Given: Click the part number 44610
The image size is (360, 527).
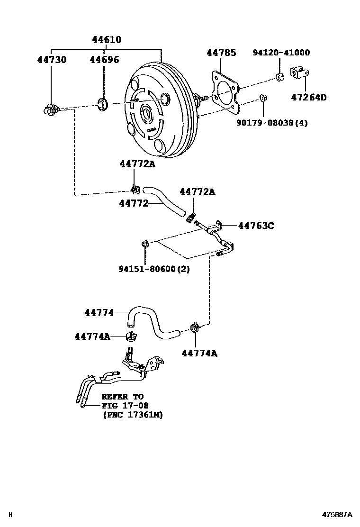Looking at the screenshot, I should [x=107, y=40].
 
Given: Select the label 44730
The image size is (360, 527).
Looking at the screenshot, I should [x=52, y=60].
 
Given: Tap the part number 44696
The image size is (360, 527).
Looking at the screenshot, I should [x=105, y=60].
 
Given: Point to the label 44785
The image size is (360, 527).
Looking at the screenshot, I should [x=221, y=53].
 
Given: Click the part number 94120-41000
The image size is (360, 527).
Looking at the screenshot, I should [x=281, y=53].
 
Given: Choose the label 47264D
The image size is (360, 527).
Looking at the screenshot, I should [x=308, y=98].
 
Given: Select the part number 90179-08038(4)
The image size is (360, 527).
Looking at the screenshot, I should [x=272, y=123].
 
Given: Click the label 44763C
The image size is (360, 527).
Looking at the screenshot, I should [x=256, y=226].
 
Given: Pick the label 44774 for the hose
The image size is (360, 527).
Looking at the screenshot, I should [x=99, y=312].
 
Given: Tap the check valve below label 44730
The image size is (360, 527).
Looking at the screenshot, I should [x=50, y=109].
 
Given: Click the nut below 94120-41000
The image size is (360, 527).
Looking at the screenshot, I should [x=280, y=78].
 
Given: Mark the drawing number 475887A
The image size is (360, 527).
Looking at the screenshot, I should [x=338, y=514].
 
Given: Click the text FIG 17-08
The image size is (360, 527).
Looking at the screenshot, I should [x=125, y=405].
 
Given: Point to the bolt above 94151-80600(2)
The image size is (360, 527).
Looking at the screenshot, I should [x=145, y=244].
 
